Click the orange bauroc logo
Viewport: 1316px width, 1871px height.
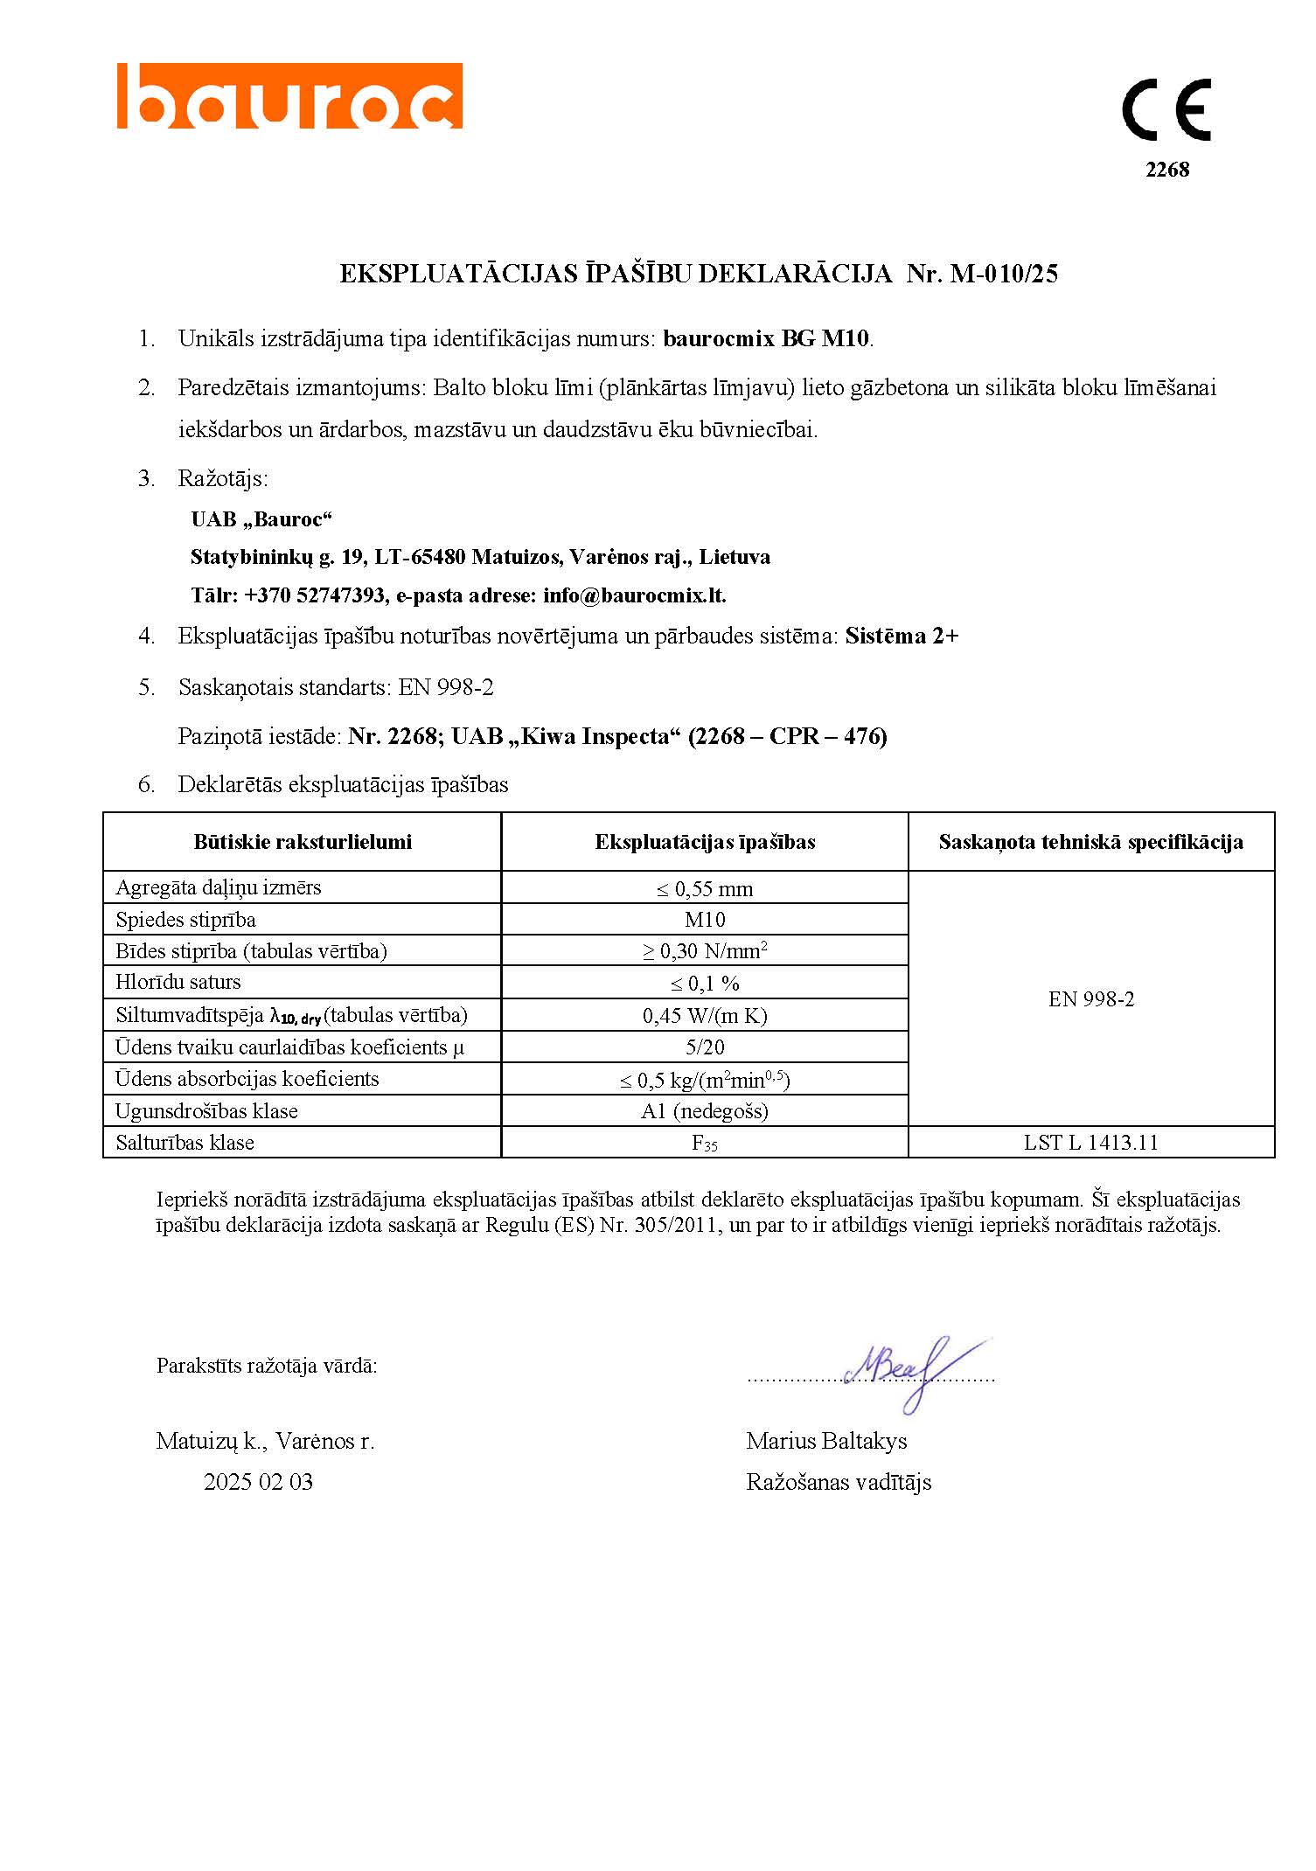[289, 96]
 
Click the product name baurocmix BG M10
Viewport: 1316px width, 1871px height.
[766, 338]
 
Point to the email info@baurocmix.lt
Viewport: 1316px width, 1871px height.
[634, 595]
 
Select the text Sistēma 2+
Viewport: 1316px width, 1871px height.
[902, 636]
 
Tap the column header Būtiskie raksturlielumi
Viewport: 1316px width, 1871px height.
[303, 842]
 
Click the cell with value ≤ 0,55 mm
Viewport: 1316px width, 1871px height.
[705, 889]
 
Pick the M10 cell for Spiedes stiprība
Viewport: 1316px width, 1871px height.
[705, 920]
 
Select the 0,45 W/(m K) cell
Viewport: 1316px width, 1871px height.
[705, 1016]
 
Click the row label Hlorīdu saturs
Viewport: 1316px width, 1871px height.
[178, 983]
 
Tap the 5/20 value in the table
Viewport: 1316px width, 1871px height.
[705, 1047]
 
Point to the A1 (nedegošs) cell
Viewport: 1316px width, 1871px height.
[705, 1111]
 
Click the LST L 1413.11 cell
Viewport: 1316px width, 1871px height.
[1090, 1143]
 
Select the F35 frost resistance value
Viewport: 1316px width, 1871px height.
[705, 1144]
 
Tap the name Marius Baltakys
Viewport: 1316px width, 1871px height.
[826, 1441]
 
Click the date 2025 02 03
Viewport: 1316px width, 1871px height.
[258, 1482]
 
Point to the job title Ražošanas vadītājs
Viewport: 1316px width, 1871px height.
[839, 1482]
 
